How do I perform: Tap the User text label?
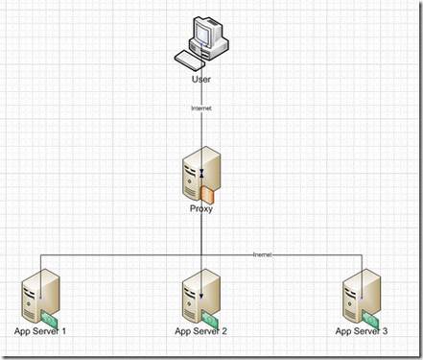pos(201,80)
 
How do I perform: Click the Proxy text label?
pos(201,207)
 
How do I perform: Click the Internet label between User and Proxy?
pos(201,109)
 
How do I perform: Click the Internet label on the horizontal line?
pos(262,255)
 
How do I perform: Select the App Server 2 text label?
pos(201,331)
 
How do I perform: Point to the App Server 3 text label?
pos(362,331)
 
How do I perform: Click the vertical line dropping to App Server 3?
pos(362,264)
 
